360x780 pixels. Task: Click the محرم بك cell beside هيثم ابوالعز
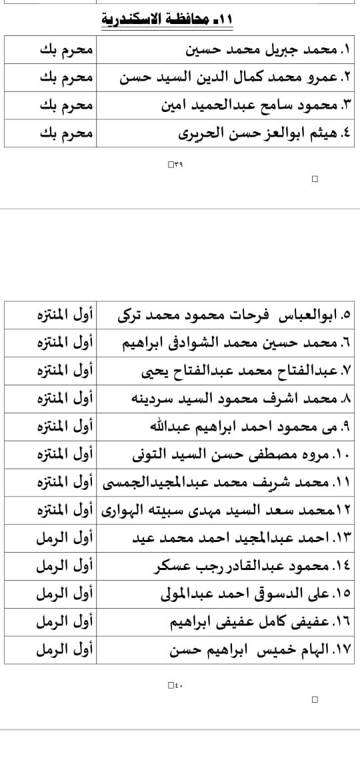coord(57,133)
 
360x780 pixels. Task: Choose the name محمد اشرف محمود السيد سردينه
coord(237,399)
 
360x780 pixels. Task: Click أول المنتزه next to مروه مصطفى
coord(65,455)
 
